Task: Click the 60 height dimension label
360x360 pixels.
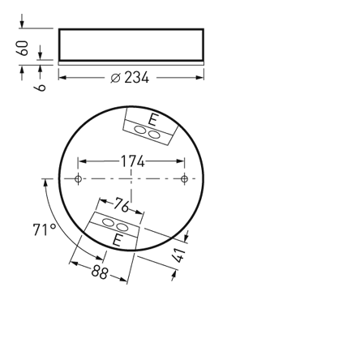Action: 24,47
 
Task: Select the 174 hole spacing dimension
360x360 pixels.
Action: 132,161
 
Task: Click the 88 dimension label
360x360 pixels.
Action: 100,272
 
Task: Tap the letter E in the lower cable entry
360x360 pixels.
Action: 117,241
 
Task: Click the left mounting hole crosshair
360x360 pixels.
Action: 79,178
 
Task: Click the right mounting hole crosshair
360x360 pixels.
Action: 185,178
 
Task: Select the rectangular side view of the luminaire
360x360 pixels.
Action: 131,44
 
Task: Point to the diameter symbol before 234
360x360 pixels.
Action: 115,78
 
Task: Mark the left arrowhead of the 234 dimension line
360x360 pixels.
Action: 63,78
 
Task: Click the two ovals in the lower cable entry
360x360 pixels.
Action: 114,224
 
